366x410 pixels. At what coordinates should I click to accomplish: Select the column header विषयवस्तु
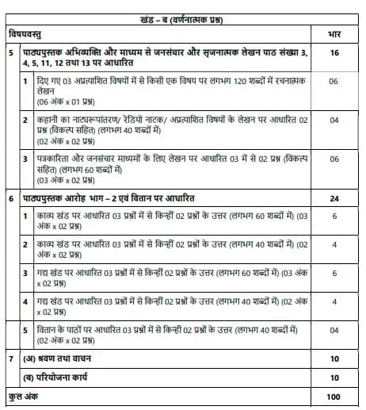26,33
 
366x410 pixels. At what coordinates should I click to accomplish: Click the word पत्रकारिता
56,159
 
